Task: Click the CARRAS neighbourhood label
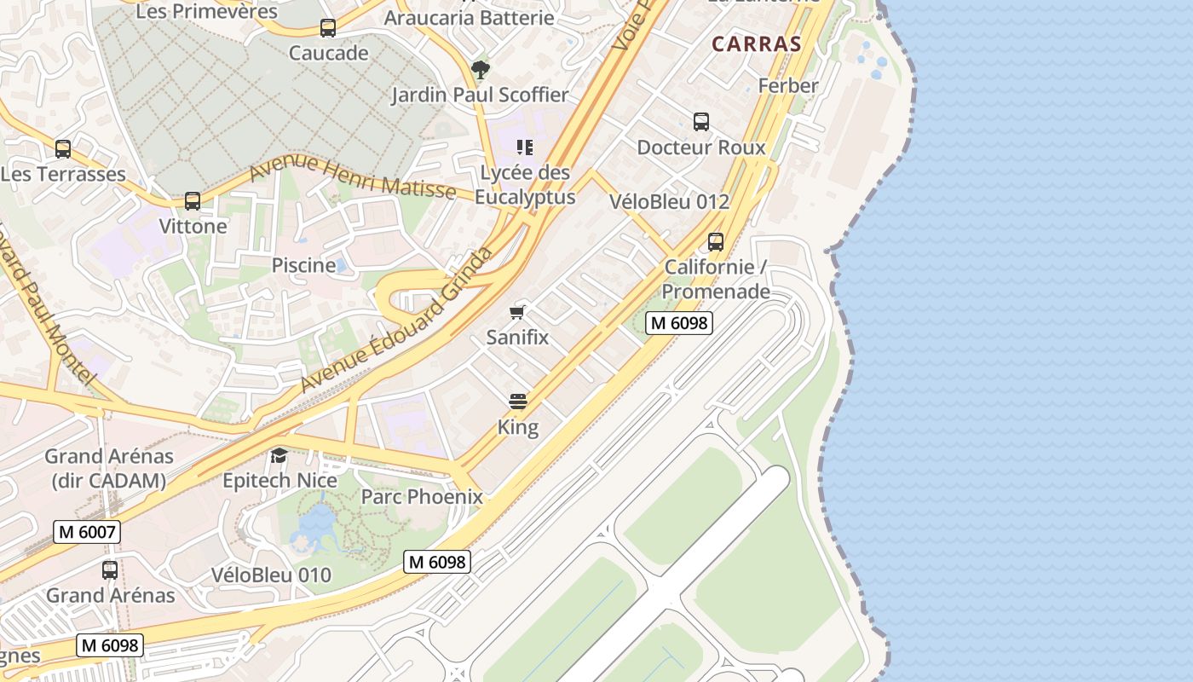(x=756, y=44)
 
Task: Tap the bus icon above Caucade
(x=328, y=28)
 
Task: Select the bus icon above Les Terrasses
(x=63, y=149)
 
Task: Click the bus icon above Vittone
(x=193, y=201)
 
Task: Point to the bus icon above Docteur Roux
(x=701, y=122)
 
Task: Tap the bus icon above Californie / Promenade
(x=716, y=242)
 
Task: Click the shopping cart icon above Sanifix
(x=517, y=312)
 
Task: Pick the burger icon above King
(x=518, y=402)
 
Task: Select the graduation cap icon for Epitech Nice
(x=280, y=456)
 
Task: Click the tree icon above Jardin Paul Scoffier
(x=481, y=69)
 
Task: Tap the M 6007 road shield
(x=87, y=533)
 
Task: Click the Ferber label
(x=788, y=85)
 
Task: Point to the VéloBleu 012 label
(x=670, y=202)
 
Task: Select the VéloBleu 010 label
(x=271, y=575)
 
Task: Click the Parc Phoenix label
(x=422, y=497)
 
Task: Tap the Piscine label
(x=303, y=265)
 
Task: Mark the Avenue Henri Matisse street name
(x=352, y=177)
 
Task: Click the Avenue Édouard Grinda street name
(x=397, y=321)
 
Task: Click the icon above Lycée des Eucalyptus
(x=525, y=147)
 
